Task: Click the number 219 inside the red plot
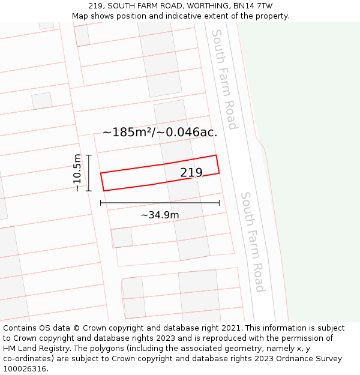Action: click(191, 173)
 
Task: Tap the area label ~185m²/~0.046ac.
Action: click(160, 133)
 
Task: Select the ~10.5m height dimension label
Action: click(77, 173)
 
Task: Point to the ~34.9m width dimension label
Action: click(160, 215)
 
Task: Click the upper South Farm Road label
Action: click(224, 79)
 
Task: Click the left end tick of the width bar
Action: click(101, 203)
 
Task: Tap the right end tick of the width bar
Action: click(219, 203)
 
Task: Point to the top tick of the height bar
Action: click(89, 155)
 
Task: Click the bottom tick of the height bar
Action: click(89, 191)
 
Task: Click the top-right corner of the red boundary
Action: click(216, 155)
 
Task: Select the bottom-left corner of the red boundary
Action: click(104, 191)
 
